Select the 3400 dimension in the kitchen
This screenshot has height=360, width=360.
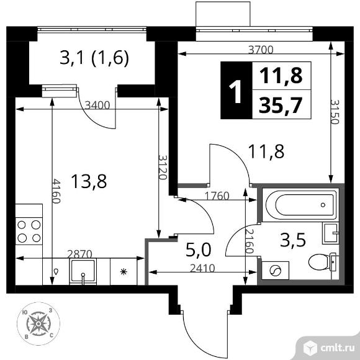click(x=98, y=105)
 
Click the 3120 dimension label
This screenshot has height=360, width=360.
click(x=163, y=167)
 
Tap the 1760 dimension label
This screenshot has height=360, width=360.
click(x=217, y=196)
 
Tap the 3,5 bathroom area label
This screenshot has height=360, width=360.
click(x=294, y=241)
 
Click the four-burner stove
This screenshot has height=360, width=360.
click(x=29, y=230)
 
